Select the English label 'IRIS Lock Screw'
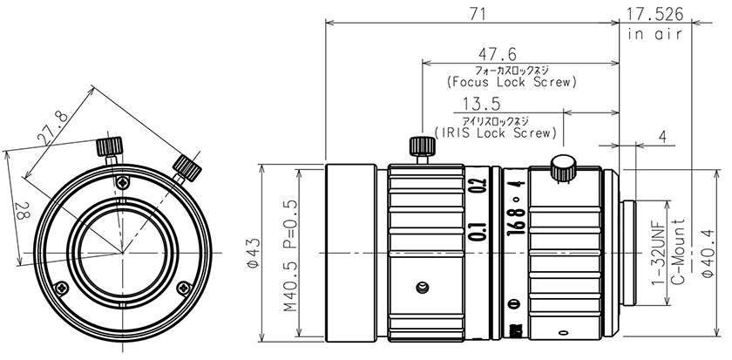[x=495, y=133]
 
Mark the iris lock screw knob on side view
[x=563, y=166]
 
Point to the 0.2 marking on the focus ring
[x=476, y=188]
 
